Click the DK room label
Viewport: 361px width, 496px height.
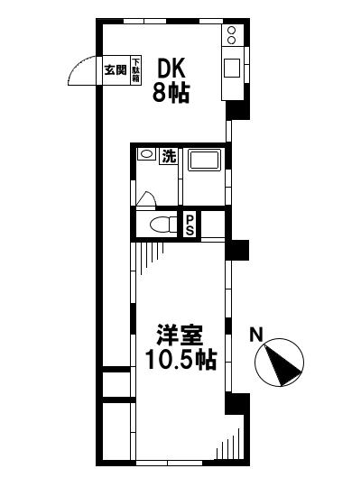[x=171, y=69]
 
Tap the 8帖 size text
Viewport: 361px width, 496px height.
[x=171, y=93]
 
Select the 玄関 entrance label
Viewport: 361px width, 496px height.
[x=115, y=69]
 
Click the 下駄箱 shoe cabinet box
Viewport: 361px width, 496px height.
[x=136, y=69]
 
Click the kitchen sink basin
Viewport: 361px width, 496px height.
[x=232, y=68]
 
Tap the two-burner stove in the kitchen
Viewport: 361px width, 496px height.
[x=233, y=35]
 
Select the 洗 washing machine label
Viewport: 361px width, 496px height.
[x=169, y=156]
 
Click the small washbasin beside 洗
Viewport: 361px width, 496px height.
[x=146, y=155]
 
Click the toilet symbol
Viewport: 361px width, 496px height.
[x=162, y=223]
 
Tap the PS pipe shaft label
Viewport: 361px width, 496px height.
[x=190, y=224]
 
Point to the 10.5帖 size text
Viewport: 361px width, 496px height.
[x=181, y=361]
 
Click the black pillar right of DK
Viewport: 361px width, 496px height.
[x=236, y=109]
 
